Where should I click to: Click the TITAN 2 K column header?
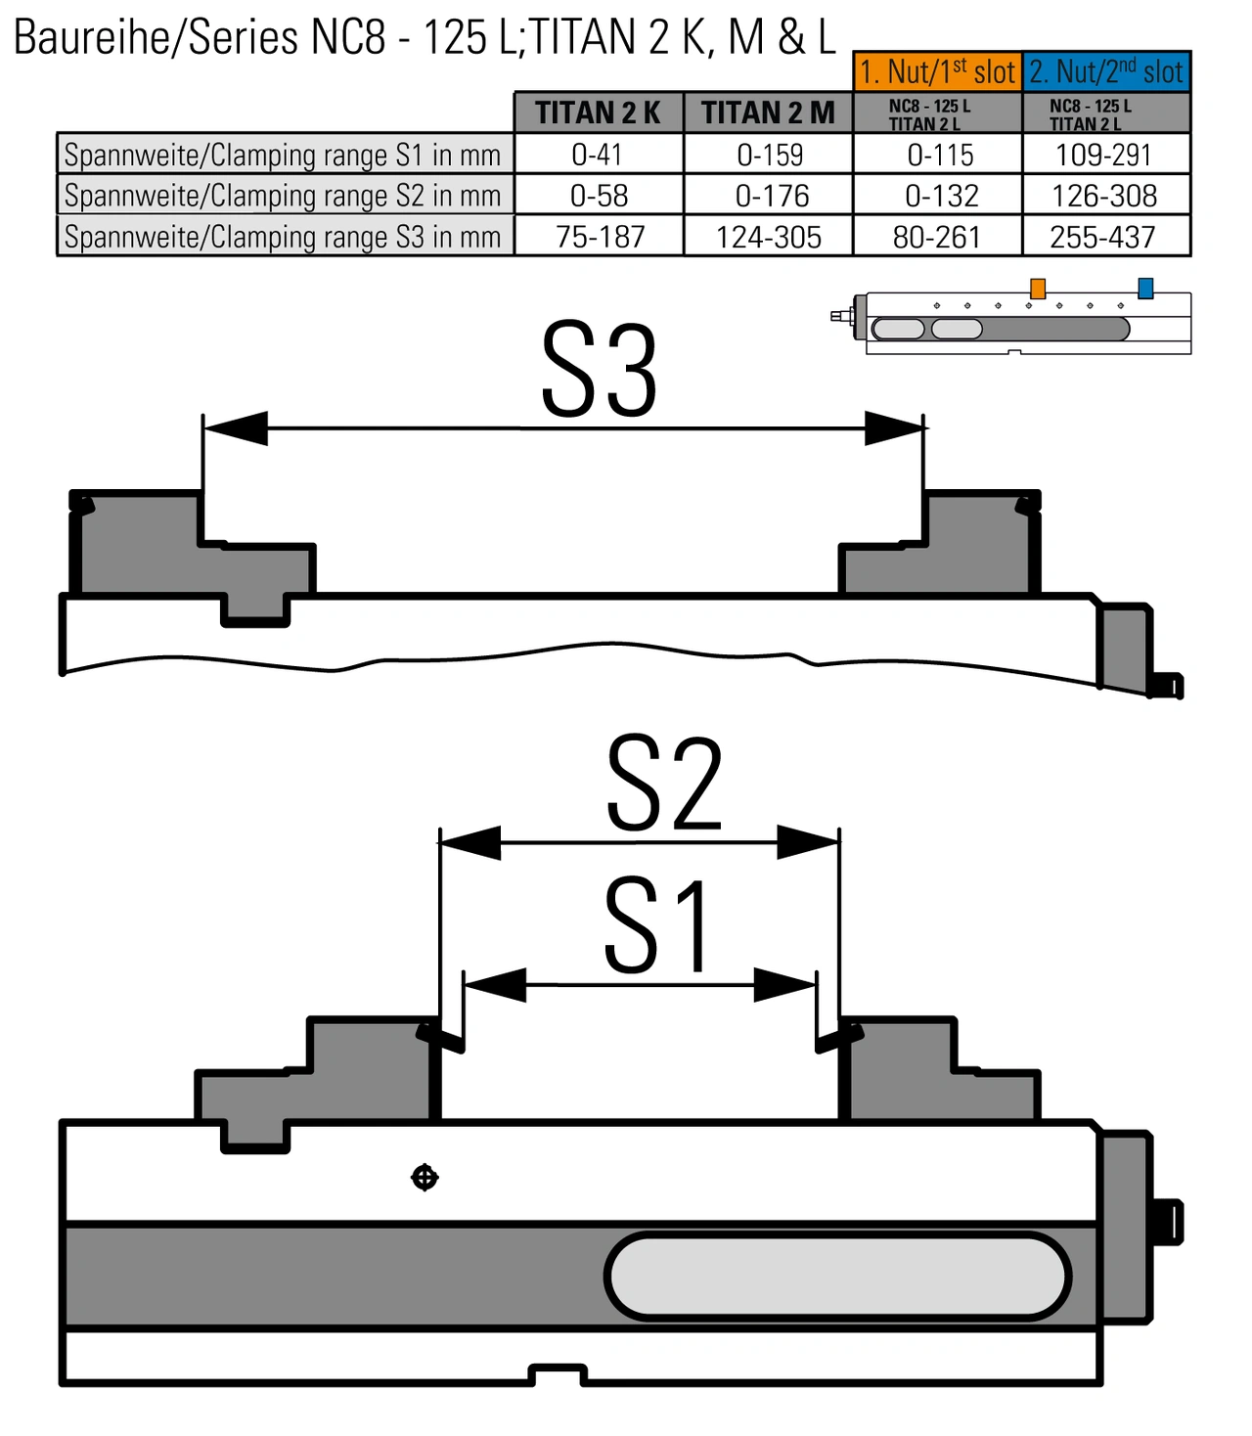598,112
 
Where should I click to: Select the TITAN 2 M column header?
768,112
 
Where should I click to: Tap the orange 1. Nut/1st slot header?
937,71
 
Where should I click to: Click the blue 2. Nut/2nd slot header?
1106,71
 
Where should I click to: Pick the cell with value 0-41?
598,155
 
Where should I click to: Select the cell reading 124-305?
768,237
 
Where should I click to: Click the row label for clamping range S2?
283,196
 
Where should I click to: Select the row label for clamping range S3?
283,237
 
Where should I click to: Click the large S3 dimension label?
599,371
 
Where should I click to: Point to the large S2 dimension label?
663,785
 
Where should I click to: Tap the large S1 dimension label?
655,926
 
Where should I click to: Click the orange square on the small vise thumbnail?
1038,289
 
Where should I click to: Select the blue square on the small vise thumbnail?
1145,288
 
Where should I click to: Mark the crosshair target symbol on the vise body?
425,1178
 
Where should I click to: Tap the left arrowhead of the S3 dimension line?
236,427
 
